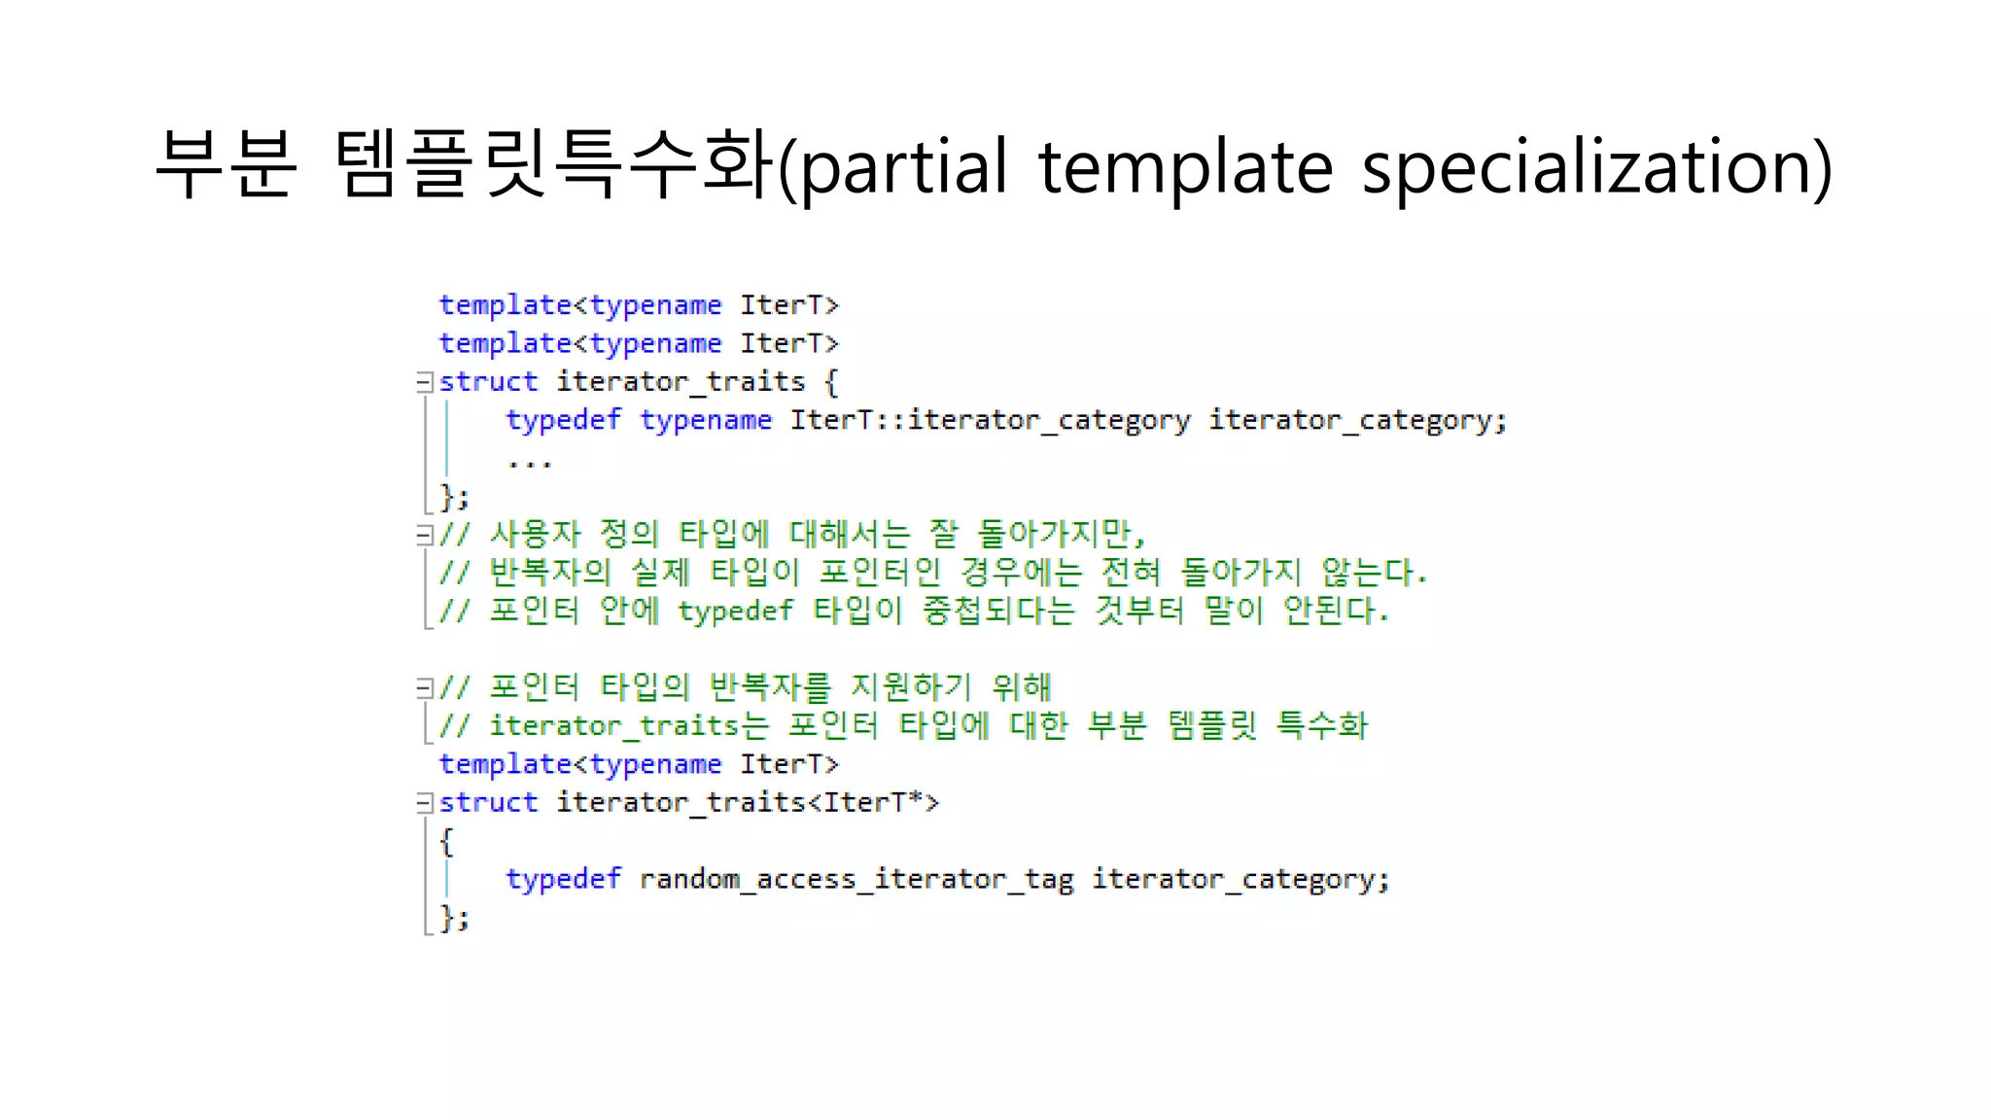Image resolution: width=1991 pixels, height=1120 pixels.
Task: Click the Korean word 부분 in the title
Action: click(225, 165)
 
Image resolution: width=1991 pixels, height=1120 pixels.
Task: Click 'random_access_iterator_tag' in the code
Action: click(856, 879)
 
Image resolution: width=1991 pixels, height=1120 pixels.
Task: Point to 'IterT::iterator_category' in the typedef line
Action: click(990, 420)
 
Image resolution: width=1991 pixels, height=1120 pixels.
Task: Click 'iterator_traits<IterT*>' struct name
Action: click(747, 802)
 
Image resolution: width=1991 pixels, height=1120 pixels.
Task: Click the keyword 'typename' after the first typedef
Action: click(706, 420)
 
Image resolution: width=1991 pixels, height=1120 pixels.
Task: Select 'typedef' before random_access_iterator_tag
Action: click(563, 879)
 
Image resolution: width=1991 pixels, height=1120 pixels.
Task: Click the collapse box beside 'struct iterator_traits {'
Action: click(424, 382)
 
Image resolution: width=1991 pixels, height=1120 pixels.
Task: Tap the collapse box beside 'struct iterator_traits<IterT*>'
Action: click(424, 803)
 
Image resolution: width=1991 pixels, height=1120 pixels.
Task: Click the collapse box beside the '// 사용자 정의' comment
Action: click(424, 535)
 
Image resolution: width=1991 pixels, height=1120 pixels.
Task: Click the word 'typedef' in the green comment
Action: click(735, 612)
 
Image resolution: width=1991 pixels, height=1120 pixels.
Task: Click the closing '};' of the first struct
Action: click(454, 497)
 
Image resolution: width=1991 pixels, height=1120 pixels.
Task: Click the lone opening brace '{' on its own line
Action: click(446, 841)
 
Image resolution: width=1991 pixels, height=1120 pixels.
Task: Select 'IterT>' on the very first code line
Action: click(788, 305)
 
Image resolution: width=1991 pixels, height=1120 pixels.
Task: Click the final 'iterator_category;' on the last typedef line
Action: click(1240, 879)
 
